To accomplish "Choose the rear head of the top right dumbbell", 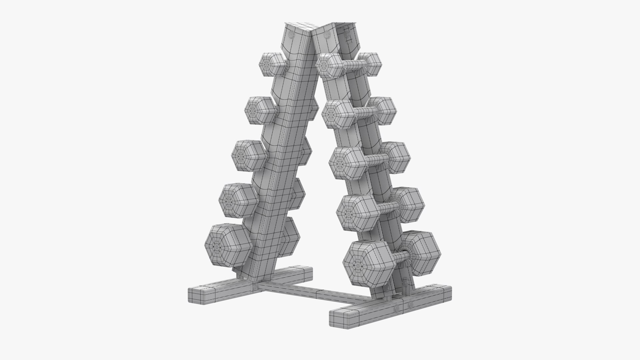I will (371, 64).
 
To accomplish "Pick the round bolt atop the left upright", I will (291, 36).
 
